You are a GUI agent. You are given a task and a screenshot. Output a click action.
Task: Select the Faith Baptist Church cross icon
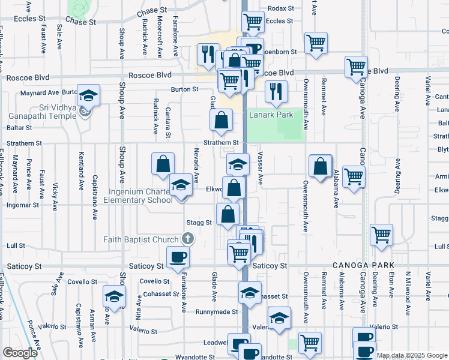pyautogui.click(x=188, y=239)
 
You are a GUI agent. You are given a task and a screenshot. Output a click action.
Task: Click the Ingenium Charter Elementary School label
pyautogui.click(x=140, y=196)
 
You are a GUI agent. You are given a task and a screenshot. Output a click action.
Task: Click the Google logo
pyautogui.click(x=20, y=352)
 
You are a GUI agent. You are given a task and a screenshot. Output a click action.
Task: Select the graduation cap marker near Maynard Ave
pyautogui.click(x=88, y=95)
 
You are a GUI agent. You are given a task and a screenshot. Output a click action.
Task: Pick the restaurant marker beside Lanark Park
pyautogui.click(x=276, y=91)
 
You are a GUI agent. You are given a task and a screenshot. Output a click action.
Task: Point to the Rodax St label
pyautogui.click(x=281, y=8)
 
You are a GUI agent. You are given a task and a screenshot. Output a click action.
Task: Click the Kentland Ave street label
pyautogui.click(x=80, y=171)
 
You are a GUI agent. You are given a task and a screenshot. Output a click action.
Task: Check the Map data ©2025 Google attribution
pyautogui.click(x=411, y=355)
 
